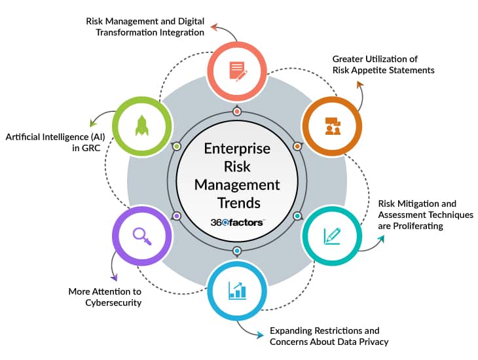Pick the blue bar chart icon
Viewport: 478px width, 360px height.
(237, 290)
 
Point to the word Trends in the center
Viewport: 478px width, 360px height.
(237, 202)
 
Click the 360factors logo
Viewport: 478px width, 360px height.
(237, 223)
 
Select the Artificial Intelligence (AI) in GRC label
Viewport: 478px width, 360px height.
(47, 143)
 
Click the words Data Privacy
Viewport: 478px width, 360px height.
(365, 342)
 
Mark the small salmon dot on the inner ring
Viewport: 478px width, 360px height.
(237, 111)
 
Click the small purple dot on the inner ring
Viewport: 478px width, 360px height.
(176, 215)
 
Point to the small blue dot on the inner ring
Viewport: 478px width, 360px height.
(237, 251)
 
